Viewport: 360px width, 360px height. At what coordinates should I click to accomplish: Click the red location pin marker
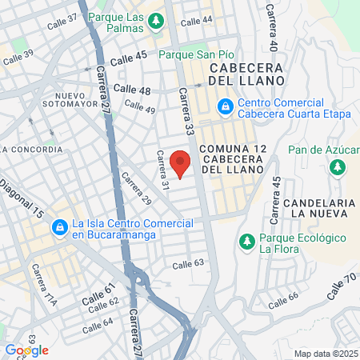coord(181,162)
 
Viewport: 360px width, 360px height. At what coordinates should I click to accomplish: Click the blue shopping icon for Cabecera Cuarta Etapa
coord(226,106)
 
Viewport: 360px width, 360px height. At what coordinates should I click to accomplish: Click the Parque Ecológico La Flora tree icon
coord(246,241)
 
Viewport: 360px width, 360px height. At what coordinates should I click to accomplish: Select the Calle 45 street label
coord(129,58)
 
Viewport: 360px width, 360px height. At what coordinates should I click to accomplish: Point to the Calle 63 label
coord(189,263)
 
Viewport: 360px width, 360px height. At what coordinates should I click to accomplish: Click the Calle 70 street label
coord(340,286)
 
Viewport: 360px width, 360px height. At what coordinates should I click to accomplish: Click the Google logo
coord(26,350)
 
